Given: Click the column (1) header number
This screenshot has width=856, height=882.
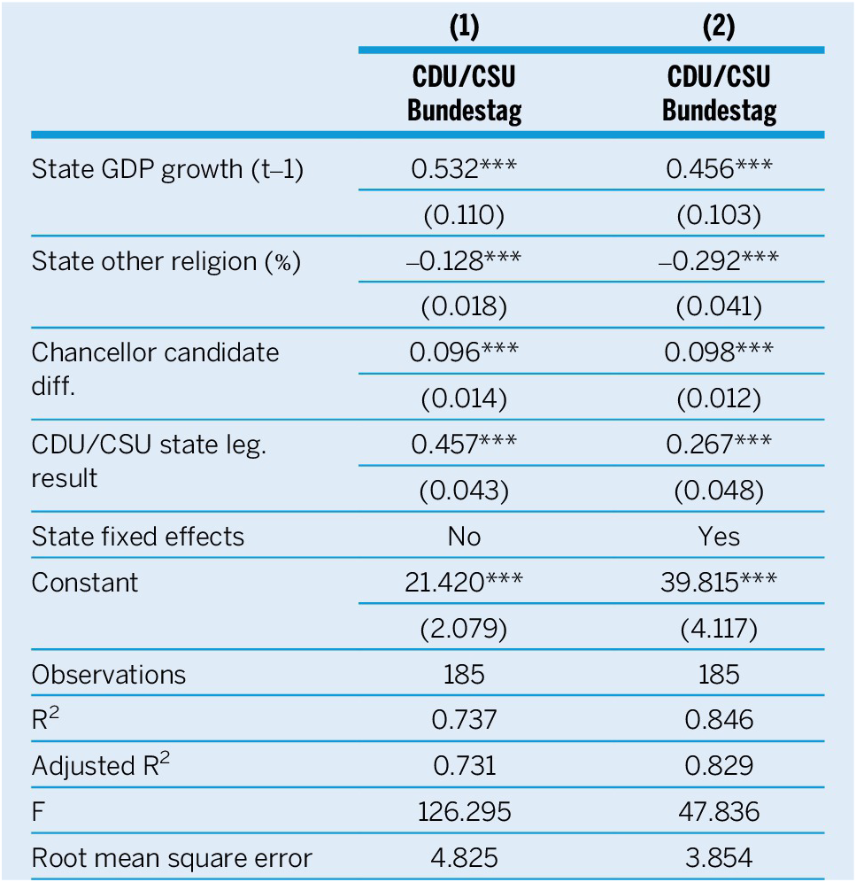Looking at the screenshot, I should click(464, 27).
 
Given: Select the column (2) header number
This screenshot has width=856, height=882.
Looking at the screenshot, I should click(718, 27).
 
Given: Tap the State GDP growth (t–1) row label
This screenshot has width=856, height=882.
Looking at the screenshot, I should click(167, 168).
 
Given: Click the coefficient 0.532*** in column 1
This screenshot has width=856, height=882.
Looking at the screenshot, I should click(464, 168).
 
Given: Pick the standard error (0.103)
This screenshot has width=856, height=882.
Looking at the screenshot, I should click(718, 214).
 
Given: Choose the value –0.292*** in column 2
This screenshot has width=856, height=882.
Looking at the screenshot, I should click(718, 260).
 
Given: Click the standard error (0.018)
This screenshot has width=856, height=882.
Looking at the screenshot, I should click(464, 306).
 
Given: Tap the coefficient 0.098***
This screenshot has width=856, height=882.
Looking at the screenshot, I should click(718, 352).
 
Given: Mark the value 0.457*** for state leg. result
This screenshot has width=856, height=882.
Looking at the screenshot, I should click(464, 445).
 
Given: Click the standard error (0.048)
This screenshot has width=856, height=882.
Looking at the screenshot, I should click(718, 491).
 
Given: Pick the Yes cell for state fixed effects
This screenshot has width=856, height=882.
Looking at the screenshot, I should click(718, 537).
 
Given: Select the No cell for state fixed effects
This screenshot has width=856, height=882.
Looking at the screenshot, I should click(464, 537).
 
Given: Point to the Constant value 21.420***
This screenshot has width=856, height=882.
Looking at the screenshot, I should click(464, 583).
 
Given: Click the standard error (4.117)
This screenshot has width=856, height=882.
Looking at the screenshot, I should click(718, 629).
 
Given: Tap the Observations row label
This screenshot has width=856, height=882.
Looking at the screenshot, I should click(109, 675).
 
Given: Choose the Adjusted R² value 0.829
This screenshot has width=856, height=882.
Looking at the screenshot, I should click(718, 766).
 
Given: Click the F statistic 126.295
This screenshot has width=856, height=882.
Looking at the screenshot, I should click(464, 812).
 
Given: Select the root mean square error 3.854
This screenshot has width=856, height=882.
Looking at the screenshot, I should click(718, 858).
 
